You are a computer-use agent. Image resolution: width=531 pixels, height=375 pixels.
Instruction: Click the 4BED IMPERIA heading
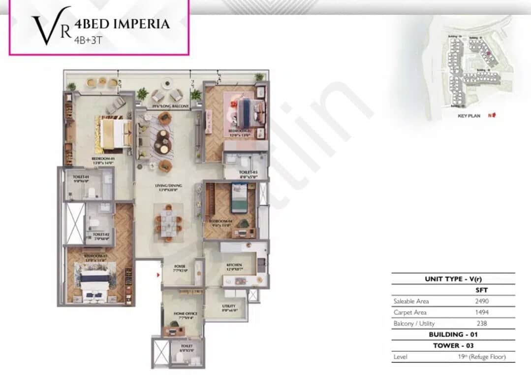(122, 24)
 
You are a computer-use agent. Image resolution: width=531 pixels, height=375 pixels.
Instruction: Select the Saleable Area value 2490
(482, 301)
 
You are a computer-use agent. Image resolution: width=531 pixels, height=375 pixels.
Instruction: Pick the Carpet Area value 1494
(482, 312)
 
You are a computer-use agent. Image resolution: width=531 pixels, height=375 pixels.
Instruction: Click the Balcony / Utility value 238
(482, 323)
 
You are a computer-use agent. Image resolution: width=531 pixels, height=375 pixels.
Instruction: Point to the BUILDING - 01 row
(453, 335)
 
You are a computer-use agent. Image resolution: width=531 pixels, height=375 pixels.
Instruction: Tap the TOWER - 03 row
(453, 345)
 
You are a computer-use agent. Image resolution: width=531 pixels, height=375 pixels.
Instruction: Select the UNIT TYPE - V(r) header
(453, 279)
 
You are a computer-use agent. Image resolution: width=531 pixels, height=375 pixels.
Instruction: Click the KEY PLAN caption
(469, 116)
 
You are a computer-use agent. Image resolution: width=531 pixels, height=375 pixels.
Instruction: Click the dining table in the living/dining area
(168, 222)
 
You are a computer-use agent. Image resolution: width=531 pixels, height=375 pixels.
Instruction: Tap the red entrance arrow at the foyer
(158, 275)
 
